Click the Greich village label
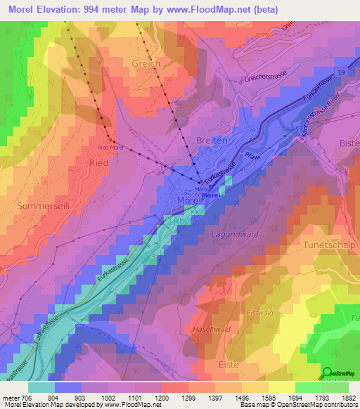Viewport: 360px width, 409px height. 146,63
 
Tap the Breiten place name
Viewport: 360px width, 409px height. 212,140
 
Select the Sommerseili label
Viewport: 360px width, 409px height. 40,206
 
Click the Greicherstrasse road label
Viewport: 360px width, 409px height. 266,79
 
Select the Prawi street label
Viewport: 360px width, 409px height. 253,156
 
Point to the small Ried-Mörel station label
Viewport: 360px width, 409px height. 110,148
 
